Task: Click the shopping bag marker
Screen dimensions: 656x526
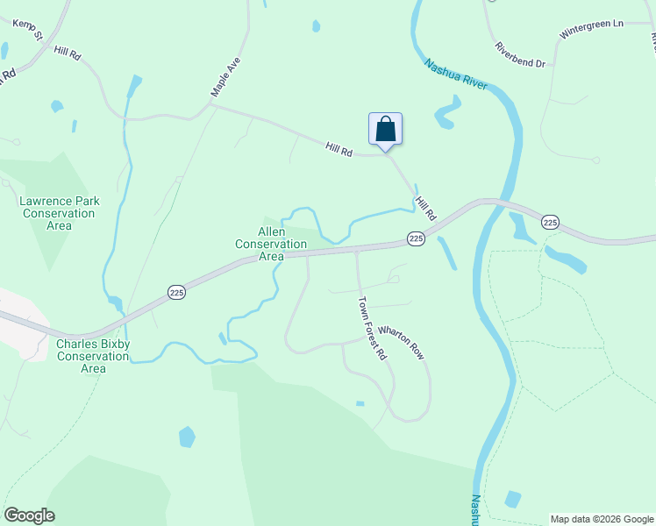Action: click(x=385, y=130)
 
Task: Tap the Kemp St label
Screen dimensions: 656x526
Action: click(x=28, y=31)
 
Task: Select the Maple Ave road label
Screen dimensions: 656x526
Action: click(x=225, y=77)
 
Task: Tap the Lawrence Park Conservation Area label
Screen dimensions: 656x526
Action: click(x=60, y=213)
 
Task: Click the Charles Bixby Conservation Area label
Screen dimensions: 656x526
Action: click(x=93, y=356)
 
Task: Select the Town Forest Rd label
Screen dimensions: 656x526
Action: click(x=372, y=329)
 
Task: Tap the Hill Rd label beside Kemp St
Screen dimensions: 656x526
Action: click(x=68, y=53)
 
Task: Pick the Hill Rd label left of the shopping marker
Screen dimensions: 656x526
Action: click(x=339, y=151)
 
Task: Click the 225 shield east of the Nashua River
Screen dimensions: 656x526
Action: click(x=550, y=223)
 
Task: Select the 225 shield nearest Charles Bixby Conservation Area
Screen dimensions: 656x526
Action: click(x=176, y=290)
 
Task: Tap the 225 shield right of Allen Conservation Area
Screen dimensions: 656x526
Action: click(x=416, y=238)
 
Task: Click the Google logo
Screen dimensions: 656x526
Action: click(x=29, y=515)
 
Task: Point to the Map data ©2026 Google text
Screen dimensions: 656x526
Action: click(x=603, y=519)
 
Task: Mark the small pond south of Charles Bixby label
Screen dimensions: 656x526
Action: click(x=187, y=437)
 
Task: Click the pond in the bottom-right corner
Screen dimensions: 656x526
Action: click(x=513, y=499)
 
